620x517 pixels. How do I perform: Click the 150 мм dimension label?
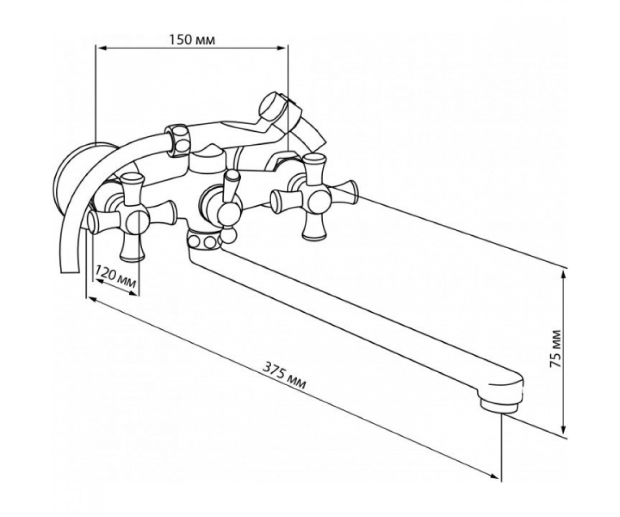192,40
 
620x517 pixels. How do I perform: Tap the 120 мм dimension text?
116,278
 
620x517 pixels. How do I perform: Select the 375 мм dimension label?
284,375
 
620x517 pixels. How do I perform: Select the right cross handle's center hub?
319,199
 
